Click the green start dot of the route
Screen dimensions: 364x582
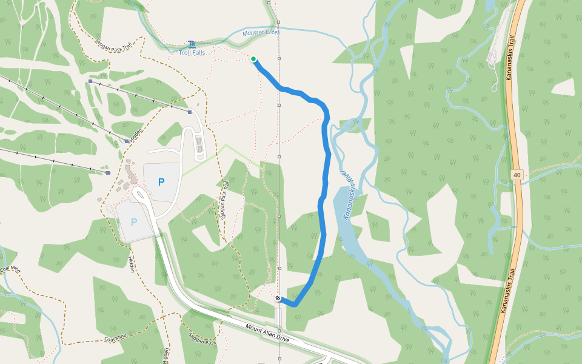pyautogui.click(x=253, y=59)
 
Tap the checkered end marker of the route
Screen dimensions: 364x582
pyautogui.click(x=277, y=298)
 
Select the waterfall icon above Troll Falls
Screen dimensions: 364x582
pyautogui.click(x=192, y=44)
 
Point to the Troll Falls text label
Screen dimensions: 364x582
pyautogui.click(x=192, y=53)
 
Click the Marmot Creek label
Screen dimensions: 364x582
pyautogui.click(x=261, y=33)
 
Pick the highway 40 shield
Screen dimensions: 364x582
pyautogui.click(x=516, y=175)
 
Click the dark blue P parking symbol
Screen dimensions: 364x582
pyautogui.click(x=161, y=181)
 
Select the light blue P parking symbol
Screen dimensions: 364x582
pyautogui.click(x=134, y=222)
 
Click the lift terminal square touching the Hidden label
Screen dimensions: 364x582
pyautogui.click(x=127, y=141)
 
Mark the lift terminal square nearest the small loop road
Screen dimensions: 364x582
pyautogui.click(x=190, y=112)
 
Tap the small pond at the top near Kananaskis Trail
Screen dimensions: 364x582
pyautogui.click(x=489, y=5)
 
